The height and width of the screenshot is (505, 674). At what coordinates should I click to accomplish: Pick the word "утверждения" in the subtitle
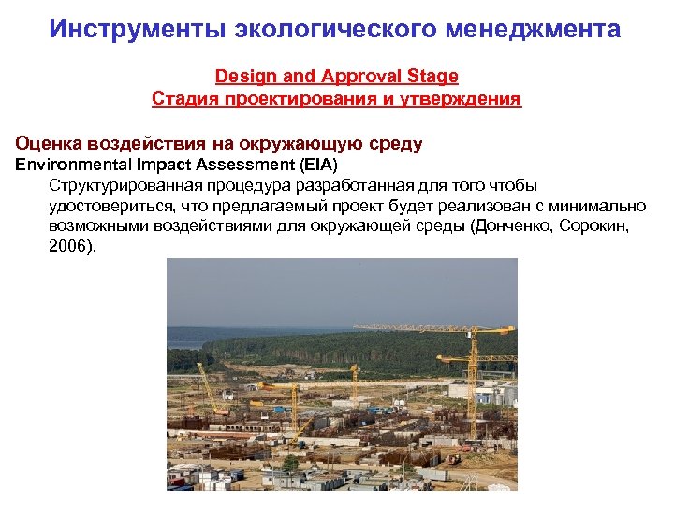464,98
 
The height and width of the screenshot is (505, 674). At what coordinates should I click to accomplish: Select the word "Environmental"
67,165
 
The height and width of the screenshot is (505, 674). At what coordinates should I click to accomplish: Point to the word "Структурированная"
123,185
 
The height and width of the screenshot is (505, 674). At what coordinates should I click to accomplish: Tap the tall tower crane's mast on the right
473,374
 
